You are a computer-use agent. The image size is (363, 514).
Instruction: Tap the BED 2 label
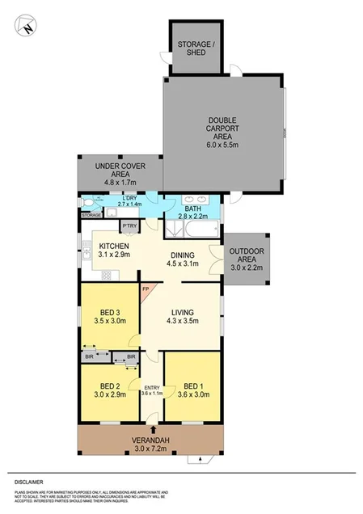(110, 390)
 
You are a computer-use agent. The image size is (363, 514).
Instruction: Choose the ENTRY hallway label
(152, 390)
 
